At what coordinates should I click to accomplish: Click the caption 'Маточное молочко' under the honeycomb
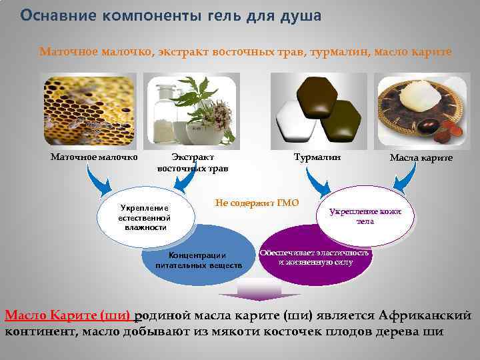[x=94, y=157]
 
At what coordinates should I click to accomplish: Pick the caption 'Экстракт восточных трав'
[x=193, y=163]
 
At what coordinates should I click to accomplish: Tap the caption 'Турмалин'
[x=317, y=157]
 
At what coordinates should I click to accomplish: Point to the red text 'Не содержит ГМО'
[x=257, y=203]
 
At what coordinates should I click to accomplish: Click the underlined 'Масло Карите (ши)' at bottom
[x=68, y=315]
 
